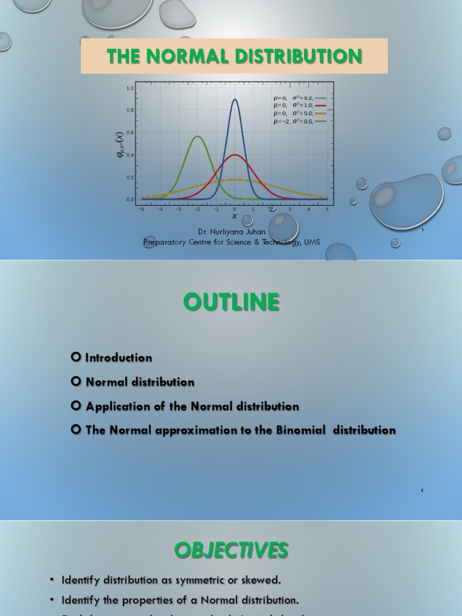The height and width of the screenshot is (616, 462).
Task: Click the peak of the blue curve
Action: tap(235, 100)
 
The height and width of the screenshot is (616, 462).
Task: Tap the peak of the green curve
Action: tap(197, 137)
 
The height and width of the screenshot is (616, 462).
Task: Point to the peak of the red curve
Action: tap(235, 155)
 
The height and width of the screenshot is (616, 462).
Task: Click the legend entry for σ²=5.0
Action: tap(300, 113)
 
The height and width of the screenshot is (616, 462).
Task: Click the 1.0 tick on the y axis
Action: tap(130, 88)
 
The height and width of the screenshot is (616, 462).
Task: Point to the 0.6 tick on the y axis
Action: tap(130, 133)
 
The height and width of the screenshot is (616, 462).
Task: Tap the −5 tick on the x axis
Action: tap(141, 209)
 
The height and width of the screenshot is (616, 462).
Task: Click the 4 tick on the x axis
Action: tap(309, 209)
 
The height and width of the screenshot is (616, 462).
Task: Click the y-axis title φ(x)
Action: tap(120, 144)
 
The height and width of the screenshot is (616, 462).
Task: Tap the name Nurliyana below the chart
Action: tap(230, 232)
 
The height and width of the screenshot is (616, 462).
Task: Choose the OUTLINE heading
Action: tap(231, 302)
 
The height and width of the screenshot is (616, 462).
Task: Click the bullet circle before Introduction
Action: tap(76, 357)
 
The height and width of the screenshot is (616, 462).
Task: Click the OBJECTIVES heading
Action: tap(231, 550)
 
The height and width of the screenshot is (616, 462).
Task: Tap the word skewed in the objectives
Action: tap(262, 581)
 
